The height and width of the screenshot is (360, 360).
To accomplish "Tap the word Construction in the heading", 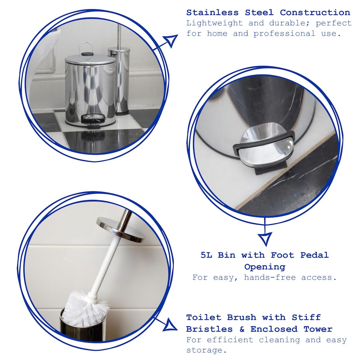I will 315,12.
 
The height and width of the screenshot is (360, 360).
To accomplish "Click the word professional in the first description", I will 284,34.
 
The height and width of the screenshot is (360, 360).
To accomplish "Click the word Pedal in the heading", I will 314,255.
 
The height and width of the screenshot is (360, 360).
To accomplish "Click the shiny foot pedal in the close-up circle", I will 264,144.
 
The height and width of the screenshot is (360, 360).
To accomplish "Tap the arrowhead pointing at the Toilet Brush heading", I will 170,325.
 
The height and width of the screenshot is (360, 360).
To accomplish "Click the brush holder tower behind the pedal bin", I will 121,82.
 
